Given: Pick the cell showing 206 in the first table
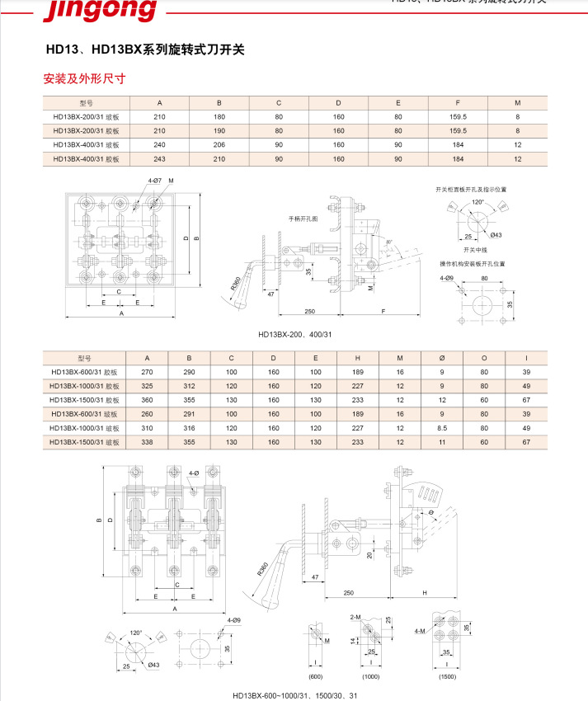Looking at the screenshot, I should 219,144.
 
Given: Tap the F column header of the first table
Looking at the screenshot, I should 458,103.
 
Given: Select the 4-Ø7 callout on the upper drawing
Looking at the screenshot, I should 155,180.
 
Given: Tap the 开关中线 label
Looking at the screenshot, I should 476,248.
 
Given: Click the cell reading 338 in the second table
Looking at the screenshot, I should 148,442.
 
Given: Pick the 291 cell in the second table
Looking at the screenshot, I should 189,414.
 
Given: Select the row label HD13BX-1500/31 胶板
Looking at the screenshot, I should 87,400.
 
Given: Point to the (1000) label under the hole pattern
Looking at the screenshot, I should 370,676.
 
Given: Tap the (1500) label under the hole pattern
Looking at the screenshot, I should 447,676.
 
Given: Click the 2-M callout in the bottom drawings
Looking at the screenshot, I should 355,617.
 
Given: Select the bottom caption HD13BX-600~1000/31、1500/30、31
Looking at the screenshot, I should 294,694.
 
